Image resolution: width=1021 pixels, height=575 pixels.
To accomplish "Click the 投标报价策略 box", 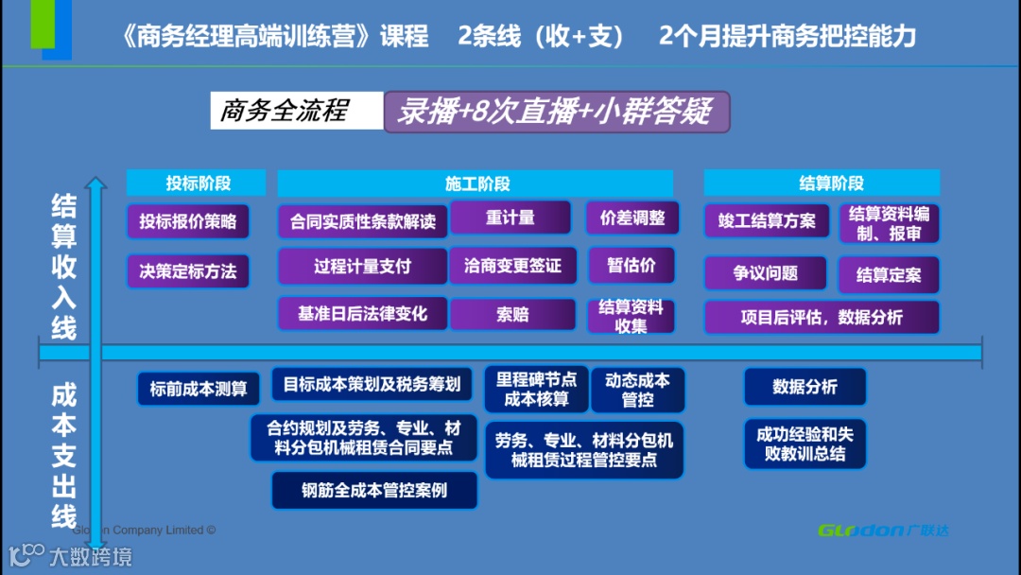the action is click(x=188, y=222).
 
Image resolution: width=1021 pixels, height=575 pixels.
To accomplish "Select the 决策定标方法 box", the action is click(x=188, y=272).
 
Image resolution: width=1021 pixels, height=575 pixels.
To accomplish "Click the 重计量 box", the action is click(x=510, y=218).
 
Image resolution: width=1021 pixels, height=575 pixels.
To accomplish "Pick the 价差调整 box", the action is click(x=632, y=218).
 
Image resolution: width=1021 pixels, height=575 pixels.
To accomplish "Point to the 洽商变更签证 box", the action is click(x=512, y=267).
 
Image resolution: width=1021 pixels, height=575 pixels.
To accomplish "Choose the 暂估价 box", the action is click(x=632, y=267).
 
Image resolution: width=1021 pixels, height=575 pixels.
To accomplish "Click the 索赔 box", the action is click(x=512, y=315).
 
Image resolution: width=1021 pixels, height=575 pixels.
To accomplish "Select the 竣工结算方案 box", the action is click(x=767, y=221).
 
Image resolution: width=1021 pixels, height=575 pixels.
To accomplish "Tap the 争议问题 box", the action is click(x=766, y=273).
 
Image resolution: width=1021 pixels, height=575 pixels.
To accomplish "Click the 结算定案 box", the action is click(x=889, y=275).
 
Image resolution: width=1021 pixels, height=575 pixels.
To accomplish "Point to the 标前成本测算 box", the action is click(x=199, y=389).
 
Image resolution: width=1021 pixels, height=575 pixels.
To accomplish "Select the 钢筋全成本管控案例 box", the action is click(x=374, y=491).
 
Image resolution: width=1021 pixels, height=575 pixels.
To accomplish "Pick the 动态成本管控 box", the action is click(x=638, y=390).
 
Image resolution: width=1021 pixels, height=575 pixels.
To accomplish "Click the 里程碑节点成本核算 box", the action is click(x=536, y=390).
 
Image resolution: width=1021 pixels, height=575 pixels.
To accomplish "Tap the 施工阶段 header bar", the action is click(x=476, y=183).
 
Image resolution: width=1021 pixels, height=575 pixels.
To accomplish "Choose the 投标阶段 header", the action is click(x=199, y=183).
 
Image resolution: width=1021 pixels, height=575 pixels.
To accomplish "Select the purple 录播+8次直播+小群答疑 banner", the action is click(x=556, y=112).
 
